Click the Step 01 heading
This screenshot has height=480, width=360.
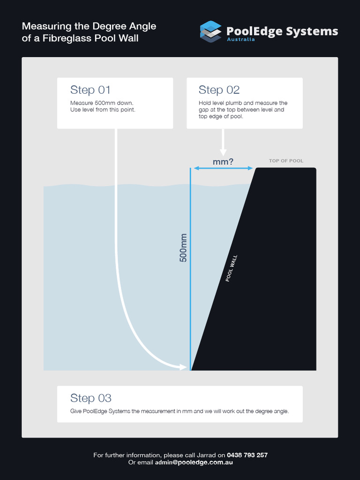[x=90, y=90]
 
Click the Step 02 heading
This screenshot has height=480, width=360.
[x=219, y=90]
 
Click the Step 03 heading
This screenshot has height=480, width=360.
[x=91, y=398]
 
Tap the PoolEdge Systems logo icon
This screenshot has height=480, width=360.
[x=210, y=32]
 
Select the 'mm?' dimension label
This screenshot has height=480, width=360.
[x=223, y=162]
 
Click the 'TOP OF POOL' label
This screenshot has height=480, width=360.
[x=286, y=161]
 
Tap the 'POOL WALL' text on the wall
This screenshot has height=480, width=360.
[x=232, y=268]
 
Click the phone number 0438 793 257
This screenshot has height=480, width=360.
[x=247, y=455]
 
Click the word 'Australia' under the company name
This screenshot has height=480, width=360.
[x=240, y=40]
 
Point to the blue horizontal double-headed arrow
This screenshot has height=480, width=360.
[x=223, y=168]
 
